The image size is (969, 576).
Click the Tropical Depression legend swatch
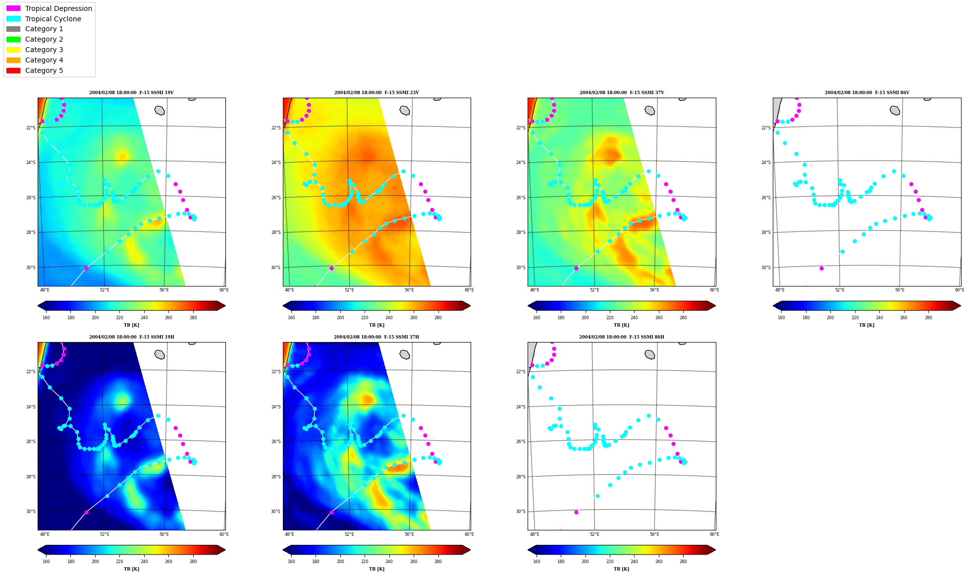[x=13, y=8]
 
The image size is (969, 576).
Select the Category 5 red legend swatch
[x=13, y=70]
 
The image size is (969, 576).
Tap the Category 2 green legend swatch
[x=13, y=39]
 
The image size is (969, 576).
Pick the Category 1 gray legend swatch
[x=13, y=29]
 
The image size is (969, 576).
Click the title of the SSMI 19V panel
[x=131, y=93]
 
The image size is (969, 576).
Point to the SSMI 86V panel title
[x=867, y=93]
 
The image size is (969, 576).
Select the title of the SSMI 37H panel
[x=377, y=337]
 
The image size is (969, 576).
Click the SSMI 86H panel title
[x=622, y=337]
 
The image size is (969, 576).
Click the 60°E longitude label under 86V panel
[x=960, y=290]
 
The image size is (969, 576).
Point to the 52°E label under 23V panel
[x=349, y=290]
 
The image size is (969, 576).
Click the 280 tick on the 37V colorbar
[x=683, y=318]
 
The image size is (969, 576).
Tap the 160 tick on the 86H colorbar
[x=537, y=562]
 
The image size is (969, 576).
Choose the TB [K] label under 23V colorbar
[x=377, y=325]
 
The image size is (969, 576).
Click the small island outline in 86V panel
[x=895, y=111]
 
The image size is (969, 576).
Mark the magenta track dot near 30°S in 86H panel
[x=576, y=512]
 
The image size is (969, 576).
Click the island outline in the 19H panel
[x=160, y=354]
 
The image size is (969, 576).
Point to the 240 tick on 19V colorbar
[x=144, y=318]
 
